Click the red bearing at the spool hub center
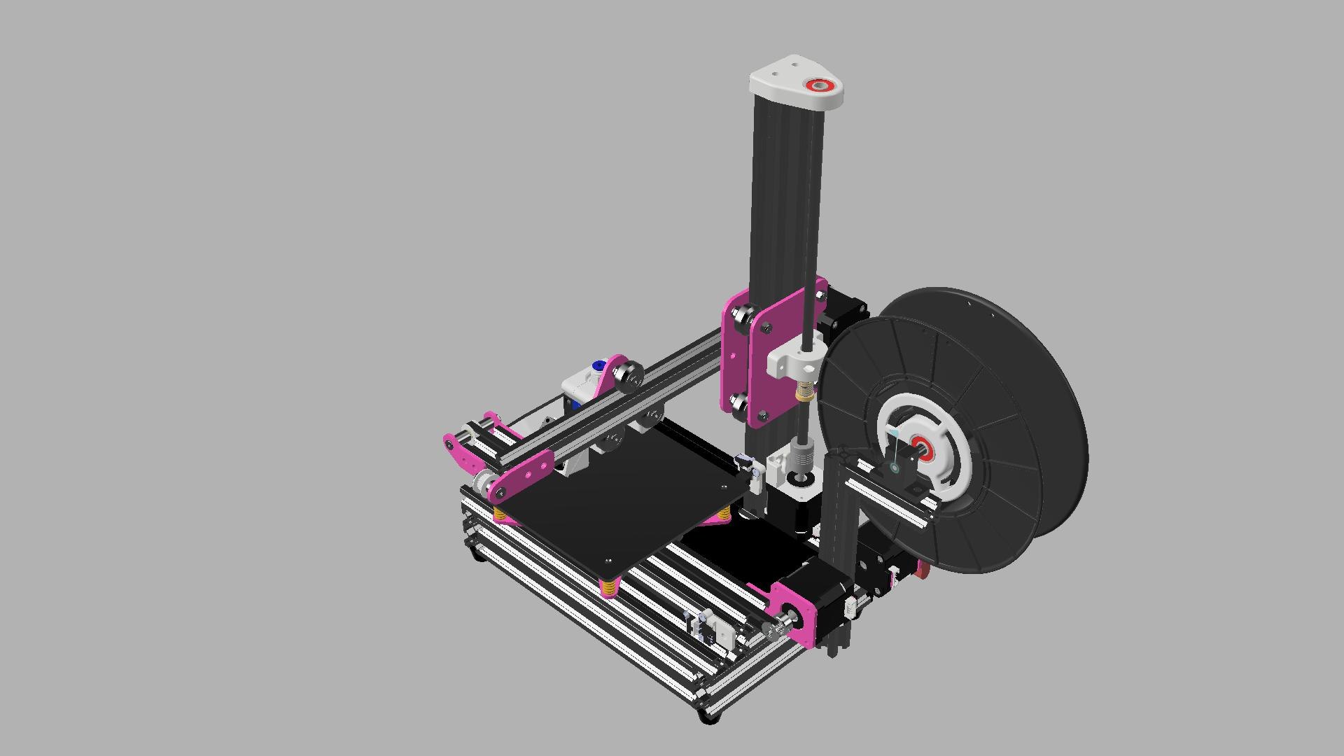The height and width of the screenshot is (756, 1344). pos(918,447)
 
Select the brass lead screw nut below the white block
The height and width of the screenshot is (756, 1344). pos(804,393)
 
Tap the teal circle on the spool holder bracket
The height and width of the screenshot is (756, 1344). pos(893,468)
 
